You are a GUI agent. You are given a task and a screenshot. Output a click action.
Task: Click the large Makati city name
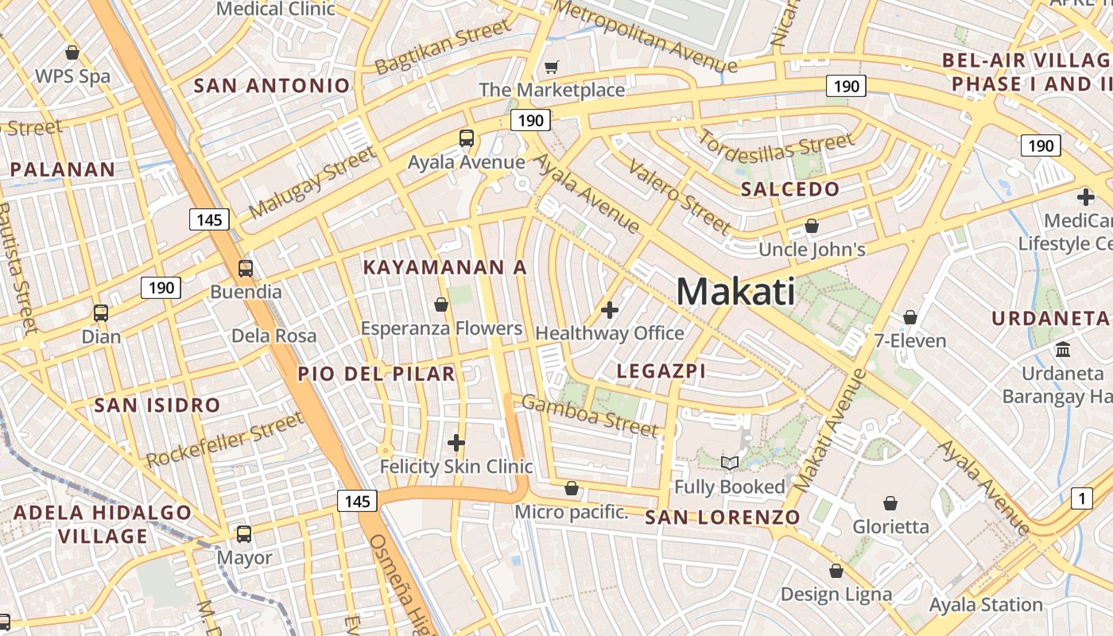click(x=735, y=292)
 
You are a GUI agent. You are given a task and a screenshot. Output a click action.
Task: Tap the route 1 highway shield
click(x=1081, y=498)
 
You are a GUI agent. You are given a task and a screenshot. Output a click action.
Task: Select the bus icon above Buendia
click(x=245, y=269)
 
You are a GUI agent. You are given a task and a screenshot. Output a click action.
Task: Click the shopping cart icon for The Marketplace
click(x=551, y=68)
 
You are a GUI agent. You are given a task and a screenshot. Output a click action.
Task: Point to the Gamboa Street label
click(x=590, y=416)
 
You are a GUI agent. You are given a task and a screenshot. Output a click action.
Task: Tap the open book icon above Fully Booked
click(x=729, y=463)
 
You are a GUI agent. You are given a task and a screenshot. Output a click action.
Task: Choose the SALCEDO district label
click(x=789, y=189)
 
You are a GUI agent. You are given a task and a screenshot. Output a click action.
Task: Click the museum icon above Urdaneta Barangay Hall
click(x=1062, y=349)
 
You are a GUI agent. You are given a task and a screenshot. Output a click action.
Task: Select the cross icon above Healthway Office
click(x=610, y=310)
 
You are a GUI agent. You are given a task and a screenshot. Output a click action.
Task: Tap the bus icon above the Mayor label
click(x=244, y=534)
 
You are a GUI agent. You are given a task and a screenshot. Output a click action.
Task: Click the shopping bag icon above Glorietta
click(x=890, y=503)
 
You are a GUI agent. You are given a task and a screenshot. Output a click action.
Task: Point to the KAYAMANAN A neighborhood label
click(x=444, y=268)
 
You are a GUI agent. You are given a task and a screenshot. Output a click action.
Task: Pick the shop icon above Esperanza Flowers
click(x=441, y=304)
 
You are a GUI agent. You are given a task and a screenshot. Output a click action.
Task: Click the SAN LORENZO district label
click(x=722, y=518)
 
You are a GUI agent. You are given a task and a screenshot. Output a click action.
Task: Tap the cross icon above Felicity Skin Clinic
click(x=456, y=443)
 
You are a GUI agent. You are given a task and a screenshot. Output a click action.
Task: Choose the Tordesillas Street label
click(x=775, y=149)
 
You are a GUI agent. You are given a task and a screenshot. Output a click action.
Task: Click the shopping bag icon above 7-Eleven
click(x=910, y=318)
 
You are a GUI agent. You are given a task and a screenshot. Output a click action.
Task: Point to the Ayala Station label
click(x=986, y=605)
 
